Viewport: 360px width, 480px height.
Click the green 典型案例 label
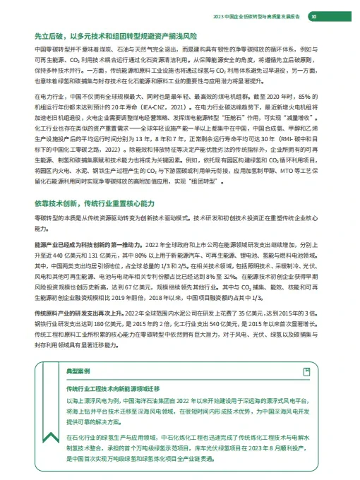point(77,370)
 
